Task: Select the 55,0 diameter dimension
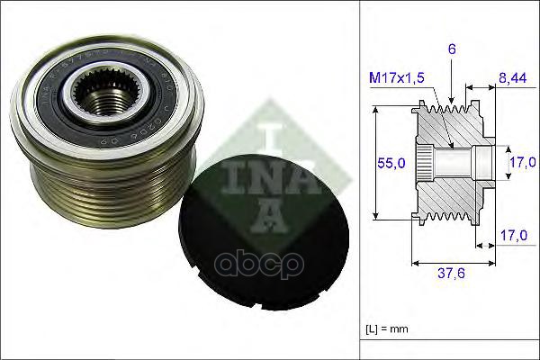(390, 163)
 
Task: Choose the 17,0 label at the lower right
(513, 236)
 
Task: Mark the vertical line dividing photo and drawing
(360, 180)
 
